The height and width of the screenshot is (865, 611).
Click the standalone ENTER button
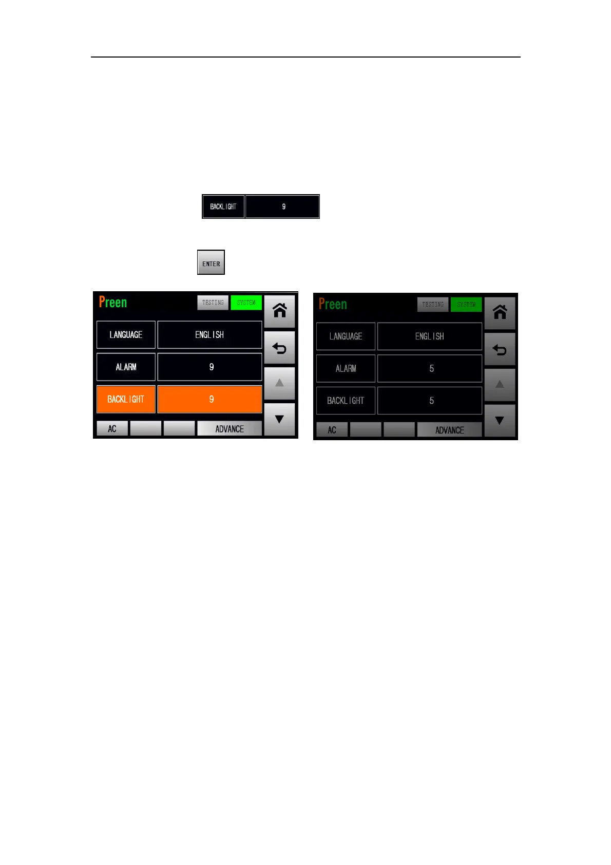click(211, 262)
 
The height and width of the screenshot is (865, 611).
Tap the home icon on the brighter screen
click(279, 311)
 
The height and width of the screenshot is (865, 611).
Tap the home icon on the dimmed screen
click(500, 312)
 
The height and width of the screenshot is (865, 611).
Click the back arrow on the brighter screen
click(279, 348)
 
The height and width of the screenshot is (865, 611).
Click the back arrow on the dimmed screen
click(500, 350)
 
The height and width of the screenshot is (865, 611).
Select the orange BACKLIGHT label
click(126, 399)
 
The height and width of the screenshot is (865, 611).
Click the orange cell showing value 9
click(209, 399)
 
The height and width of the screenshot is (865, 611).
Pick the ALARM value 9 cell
click(209, 367)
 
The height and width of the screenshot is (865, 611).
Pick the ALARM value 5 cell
click(430, 368)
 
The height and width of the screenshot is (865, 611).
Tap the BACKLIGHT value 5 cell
click(430, 401)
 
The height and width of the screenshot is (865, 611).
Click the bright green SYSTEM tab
click(246, 303)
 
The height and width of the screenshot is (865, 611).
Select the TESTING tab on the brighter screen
click(213, 303)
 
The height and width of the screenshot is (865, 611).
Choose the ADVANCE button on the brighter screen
click(230, 429)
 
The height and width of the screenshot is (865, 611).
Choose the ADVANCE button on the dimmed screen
click(449, 430)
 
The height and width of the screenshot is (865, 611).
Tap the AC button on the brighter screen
click(112, 429)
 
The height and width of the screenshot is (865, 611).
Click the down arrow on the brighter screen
click(279, 419)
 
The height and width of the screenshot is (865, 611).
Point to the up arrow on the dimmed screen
click(500, 384)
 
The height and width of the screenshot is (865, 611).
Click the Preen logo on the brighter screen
click(113, 302)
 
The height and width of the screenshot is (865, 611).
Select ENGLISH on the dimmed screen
click(430, 336)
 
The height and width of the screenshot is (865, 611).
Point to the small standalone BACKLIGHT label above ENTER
click(223, 206)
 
